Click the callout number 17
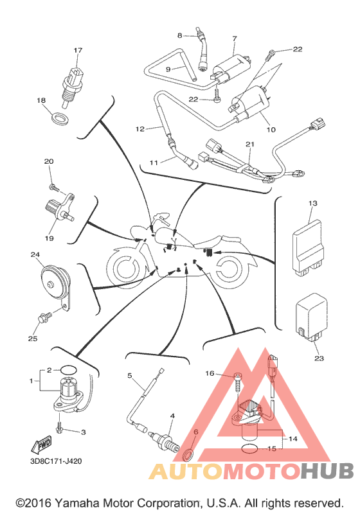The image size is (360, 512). click(78, 50)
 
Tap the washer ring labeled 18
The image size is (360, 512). click(61, 119)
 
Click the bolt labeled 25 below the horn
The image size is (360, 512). click(44, 317)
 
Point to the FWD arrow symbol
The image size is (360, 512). click(42, 444)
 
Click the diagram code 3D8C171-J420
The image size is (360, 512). click(55, 461)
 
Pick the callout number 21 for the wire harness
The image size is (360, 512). click(250, 144)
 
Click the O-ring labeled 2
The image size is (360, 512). click(69, 370)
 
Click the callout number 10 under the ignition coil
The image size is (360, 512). click(271, 130)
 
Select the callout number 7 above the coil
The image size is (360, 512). click(234, 39)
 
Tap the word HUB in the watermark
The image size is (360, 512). click(327, 471)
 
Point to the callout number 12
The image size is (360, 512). click(139, 129)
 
